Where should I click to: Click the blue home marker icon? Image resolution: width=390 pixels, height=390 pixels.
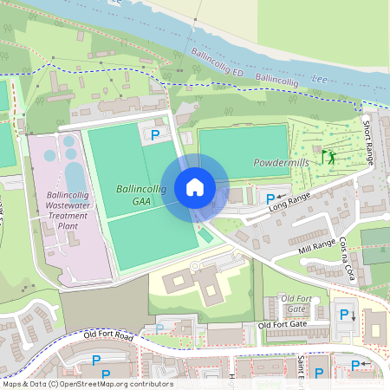coord(195,187)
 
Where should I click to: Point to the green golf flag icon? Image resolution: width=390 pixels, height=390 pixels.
coord(328,157)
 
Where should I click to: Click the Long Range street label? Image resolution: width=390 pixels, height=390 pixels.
coord(289,202)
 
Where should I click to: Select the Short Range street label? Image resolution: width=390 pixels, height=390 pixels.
coord(368,144)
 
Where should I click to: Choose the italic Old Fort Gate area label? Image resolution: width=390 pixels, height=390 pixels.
coord(296,304)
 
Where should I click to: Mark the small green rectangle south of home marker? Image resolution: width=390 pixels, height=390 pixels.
coord(205,235)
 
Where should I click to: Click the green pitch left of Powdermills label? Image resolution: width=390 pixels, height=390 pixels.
coord(243,142)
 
